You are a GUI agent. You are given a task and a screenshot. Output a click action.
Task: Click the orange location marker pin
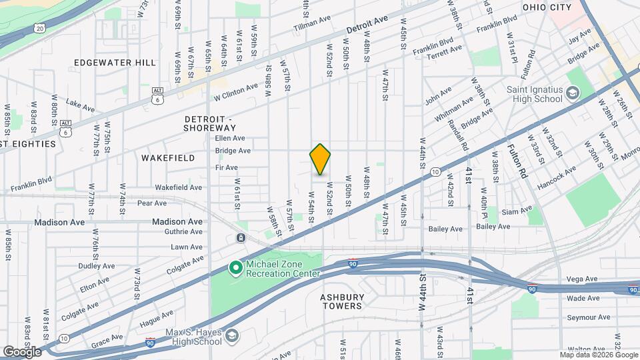[x=320, y=159]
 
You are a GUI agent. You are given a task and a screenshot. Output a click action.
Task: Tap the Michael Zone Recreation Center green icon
[x=235, y=268]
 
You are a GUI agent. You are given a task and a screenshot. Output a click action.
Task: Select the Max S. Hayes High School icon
[x=231, y=336]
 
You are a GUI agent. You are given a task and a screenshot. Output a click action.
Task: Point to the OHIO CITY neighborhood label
[x=547, y=7]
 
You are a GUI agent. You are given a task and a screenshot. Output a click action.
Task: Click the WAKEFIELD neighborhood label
[x=168, y=158]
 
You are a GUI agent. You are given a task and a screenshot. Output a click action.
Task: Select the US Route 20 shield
[x=40, y=29]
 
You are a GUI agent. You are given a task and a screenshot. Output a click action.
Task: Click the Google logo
[x=22, y=351]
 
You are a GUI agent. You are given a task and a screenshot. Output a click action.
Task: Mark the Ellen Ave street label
[x=231, y=138]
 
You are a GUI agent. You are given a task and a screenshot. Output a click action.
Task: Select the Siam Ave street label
[x=517, y=212]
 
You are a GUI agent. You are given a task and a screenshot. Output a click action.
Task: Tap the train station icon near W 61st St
[x=240, y=238]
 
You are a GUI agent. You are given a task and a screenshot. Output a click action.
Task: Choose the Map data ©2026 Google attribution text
[x=598, y=353]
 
